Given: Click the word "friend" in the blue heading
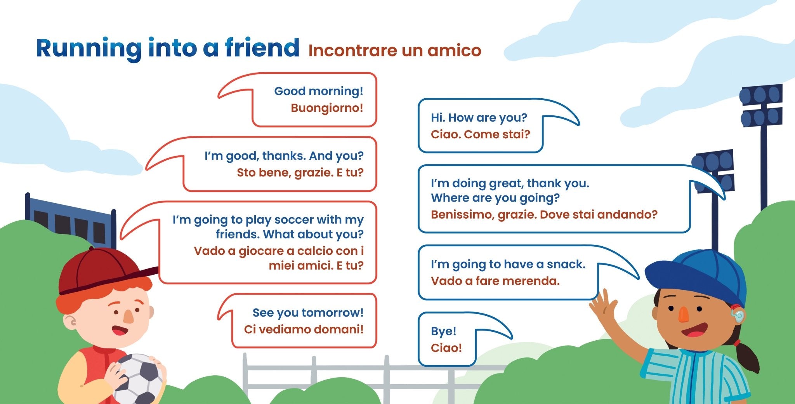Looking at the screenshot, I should (x=262, y=48).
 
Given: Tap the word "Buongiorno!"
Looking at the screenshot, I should (x=327, y=108).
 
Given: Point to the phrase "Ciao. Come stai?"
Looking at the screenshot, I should (x=480, y=134).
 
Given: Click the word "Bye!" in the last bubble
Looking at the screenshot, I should (x=443, y=331).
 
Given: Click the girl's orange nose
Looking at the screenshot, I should (x=684, y=315).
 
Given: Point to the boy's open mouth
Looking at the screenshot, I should (x=120, y=331).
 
